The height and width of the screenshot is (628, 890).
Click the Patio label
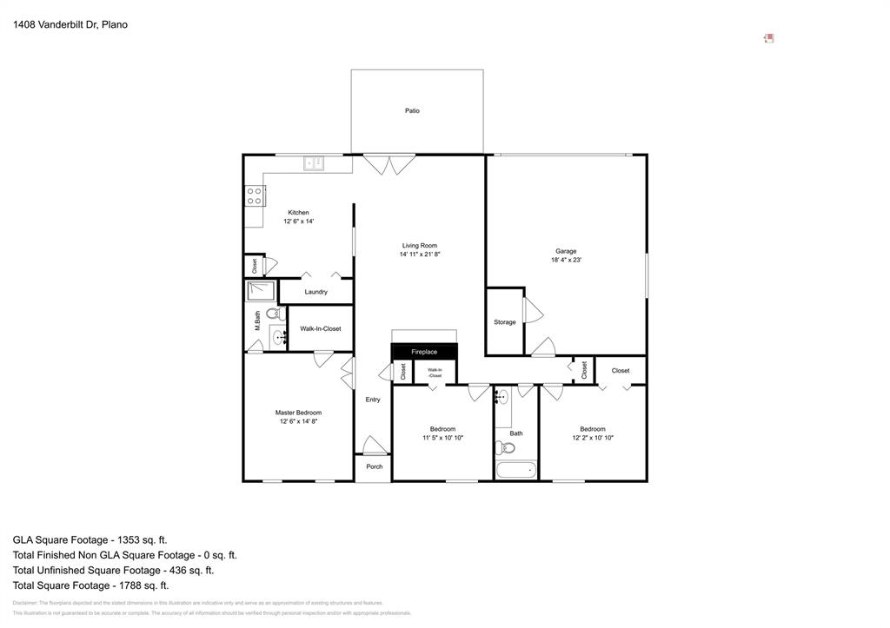(412, 111)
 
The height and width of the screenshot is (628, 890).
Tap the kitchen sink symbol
(314, 162)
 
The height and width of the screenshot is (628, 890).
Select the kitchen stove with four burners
(255, 195)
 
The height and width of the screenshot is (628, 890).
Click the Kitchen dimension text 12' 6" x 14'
(298, 222)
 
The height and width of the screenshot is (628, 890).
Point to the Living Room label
(419, 245)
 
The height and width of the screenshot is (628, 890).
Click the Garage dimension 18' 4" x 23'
(566, 261)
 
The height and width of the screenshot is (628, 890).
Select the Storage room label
(504, 322)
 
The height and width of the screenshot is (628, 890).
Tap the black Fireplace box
(424, 352)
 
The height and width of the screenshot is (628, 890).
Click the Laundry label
(315, 292)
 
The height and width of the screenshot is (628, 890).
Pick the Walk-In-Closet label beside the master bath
(320, 329)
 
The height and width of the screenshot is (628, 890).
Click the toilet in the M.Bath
(273, 314)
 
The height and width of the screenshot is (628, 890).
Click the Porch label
(374, 467)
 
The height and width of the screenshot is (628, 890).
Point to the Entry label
(373, 400)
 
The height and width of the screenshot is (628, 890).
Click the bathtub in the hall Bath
(516, 471)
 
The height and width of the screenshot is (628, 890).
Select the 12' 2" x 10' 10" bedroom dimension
(593, 438)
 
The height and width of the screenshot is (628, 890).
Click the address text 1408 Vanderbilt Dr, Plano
(70, 25)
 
